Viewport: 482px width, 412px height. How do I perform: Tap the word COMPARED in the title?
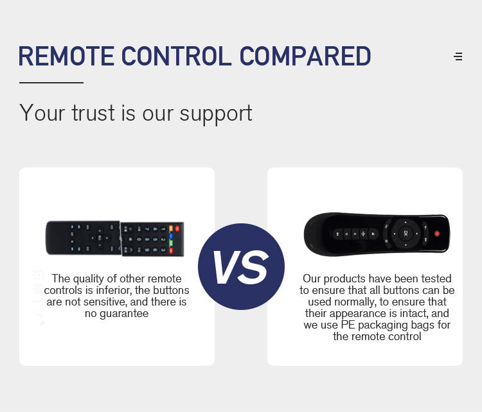click(305, 56)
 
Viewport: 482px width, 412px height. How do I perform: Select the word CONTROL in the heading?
click(177, 56)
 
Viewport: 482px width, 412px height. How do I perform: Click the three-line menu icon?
click(458, 56)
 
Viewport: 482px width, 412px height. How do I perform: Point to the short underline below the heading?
click(51, 83)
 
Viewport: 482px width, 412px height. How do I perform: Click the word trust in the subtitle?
click(93, 114)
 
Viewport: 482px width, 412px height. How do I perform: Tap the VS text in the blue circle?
click(241, 267)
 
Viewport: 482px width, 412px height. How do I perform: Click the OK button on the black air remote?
click(406, 234)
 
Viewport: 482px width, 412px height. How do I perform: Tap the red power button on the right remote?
click(437, 234)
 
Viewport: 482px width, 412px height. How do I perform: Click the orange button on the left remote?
click(171, 228)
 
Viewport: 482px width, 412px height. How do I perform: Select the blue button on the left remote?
click(171, 236)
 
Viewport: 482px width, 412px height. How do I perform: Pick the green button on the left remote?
click(171, 243)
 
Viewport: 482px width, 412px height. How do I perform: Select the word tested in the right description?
click(436, 279)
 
